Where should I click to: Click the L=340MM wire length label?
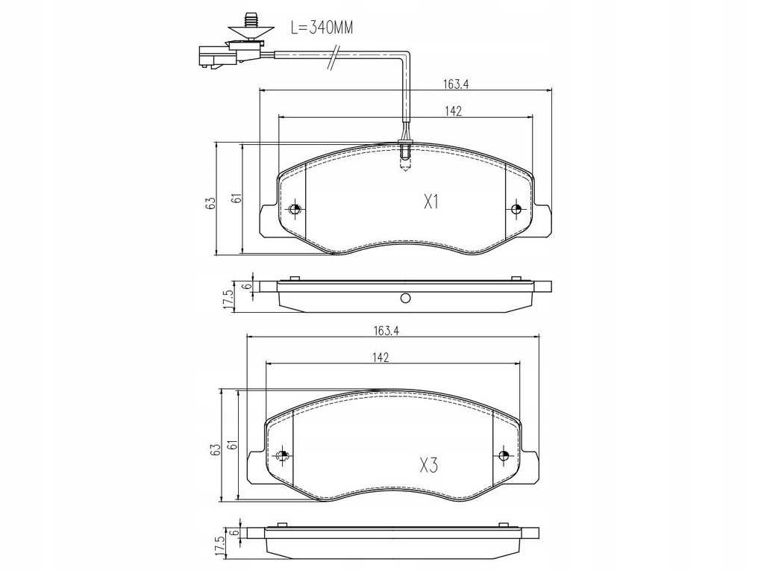pos(322,28)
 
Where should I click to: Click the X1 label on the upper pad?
pos(431,202)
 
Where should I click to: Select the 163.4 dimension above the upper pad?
pos(455,84)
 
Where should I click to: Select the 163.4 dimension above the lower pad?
pos(386,331)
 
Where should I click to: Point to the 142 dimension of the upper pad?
pos(453,111)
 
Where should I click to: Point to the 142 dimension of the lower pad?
pos(381,358)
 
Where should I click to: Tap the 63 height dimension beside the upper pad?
pos(210,203)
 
